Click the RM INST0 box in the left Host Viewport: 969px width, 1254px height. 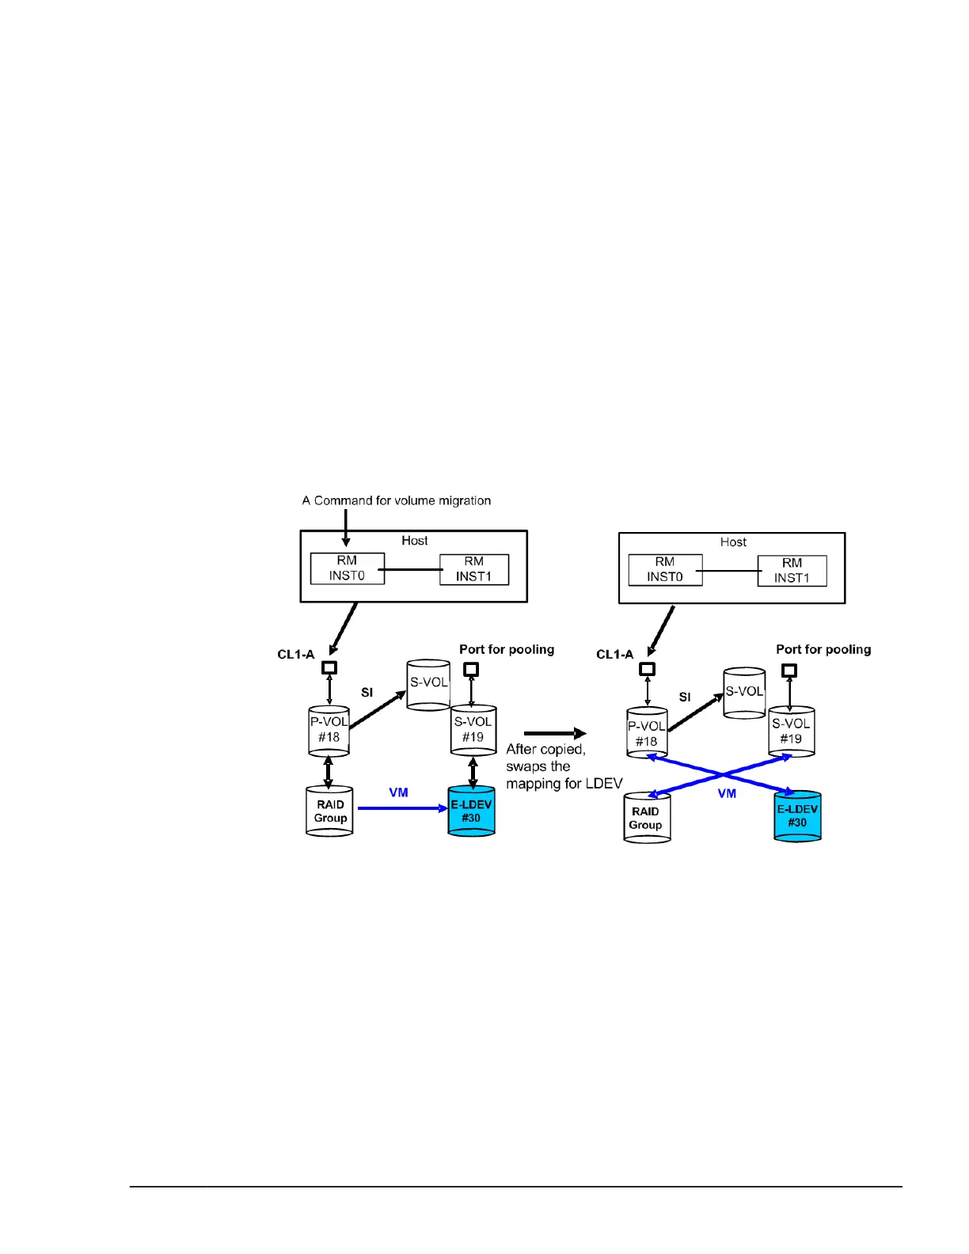click(x=347, y=568)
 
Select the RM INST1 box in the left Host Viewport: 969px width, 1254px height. click(x=473, y=569)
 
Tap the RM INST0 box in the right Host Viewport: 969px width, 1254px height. click(x=665, y=570)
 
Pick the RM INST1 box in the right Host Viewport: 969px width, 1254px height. click(x=792, y=571)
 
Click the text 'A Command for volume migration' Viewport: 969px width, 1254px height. click(x=396, y=500)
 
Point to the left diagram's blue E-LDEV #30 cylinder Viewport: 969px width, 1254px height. click(x=472, y=811)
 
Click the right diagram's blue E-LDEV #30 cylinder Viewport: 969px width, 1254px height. click(x=797, y=816)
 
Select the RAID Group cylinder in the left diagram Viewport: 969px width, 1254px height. click(x=330, y=811)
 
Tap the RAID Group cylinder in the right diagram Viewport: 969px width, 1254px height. click(x=646, y=819)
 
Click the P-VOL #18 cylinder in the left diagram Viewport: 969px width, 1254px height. click(x=329, y=730)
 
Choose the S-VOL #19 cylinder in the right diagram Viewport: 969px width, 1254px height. click(x=791, y=731)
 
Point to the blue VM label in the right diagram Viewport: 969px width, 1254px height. click(x=727, y=793)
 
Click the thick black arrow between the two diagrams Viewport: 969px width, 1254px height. click(x=555, y=733)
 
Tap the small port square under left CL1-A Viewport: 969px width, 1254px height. click(x=329, y=667)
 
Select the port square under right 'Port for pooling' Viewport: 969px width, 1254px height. click(x=788, y=671)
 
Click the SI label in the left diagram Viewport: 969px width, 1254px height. click(x=367, y=692)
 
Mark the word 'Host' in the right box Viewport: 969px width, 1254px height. click(x=733, y=542)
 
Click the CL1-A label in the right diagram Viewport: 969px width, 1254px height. click(x=614, y=655)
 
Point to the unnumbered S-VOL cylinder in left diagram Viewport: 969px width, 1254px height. click(x=428, y=685)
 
